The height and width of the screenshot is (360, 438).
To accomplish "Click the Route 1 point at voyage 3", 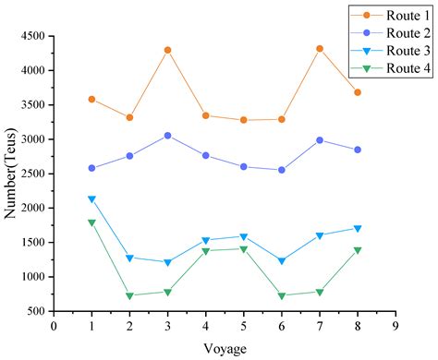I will click(x=167, y=50).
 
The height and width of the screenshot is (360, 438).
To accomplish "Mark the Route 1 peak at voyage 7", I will click(x=320, y=48).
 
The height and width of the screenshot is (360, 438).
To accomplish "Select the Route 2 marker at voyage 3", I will click(x=167, y=136).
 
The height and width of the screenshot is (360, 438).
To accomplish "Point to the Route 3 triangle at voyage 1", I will click(x=91, y=199).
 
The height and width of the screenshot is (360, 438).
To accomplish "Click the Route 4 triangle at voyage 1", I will click(x=91, y=222).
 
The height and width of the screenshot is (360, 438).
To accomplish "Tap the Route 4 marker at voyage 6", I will click(x=282, y=296).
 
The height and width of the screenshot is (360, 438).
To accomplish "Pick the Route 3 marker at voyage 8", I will click(x=358, y=228).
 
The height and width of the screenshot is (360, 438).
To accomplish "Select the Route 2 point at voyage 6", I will click(x=282, y=170).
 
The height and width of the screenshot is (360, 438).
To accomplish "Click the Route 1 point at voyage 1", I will click(x=91, y=99).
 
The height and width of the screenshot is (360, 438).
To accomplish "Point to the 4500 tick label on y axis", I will click(x=32, y=36).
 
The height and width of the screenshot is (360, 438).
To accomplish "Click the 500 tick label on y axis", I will click(x=37, y=312).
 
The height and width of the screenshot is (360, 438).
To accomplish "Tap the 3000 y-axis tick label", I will click(x=32, y=139).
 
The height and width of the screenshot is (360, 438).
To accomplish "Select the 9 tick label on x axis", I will click(x=395, y=325).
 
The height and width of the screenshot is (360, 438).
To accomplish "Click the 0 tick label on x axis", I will click(x=54, y=325).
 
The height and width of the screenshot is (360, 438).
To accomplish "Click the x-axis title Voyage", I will click(x=225, y=348).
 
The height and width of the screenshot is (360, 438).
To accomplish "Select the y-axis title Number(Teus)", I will click(x=10, y=174).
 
